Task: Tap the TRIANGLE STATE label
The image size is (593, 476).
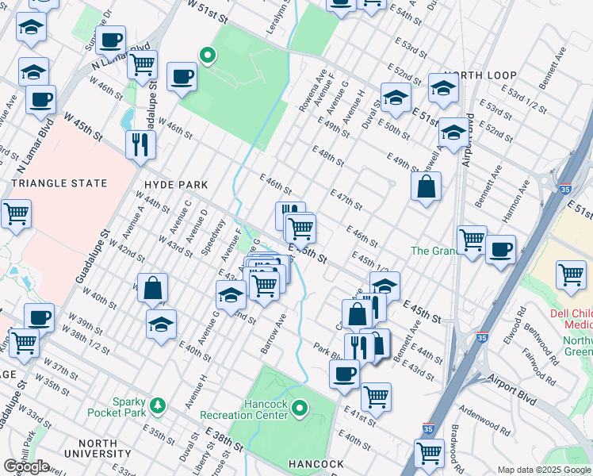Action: [x=59, y=183]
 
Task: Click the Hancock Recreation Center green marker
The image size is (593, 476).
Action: [x=300, y=409]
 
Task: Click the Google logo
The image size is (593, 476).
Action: [x=27, y=466]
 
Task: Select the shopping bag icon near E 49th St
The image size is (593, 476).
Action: [x=426, y=186]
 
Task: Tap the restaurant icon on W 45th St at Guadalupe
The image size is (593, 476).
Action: [x=140, y=144]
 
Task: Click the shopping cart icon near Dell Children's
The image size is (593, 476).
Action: [x=571, y=274]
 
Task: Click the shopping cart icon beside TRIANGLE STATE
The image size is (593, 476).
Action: [x=15, y=213]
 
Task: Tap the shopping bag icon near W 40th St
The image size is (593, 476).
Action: [x=153, y=288]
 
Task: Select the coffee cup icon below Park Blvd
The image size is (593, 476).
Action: [x=343, y=372]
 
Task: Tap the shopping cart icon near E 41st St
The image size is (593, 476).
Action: [x=375, y=395]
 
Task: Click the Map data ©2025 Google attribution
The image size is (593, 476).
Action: [x=544, y=470]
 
